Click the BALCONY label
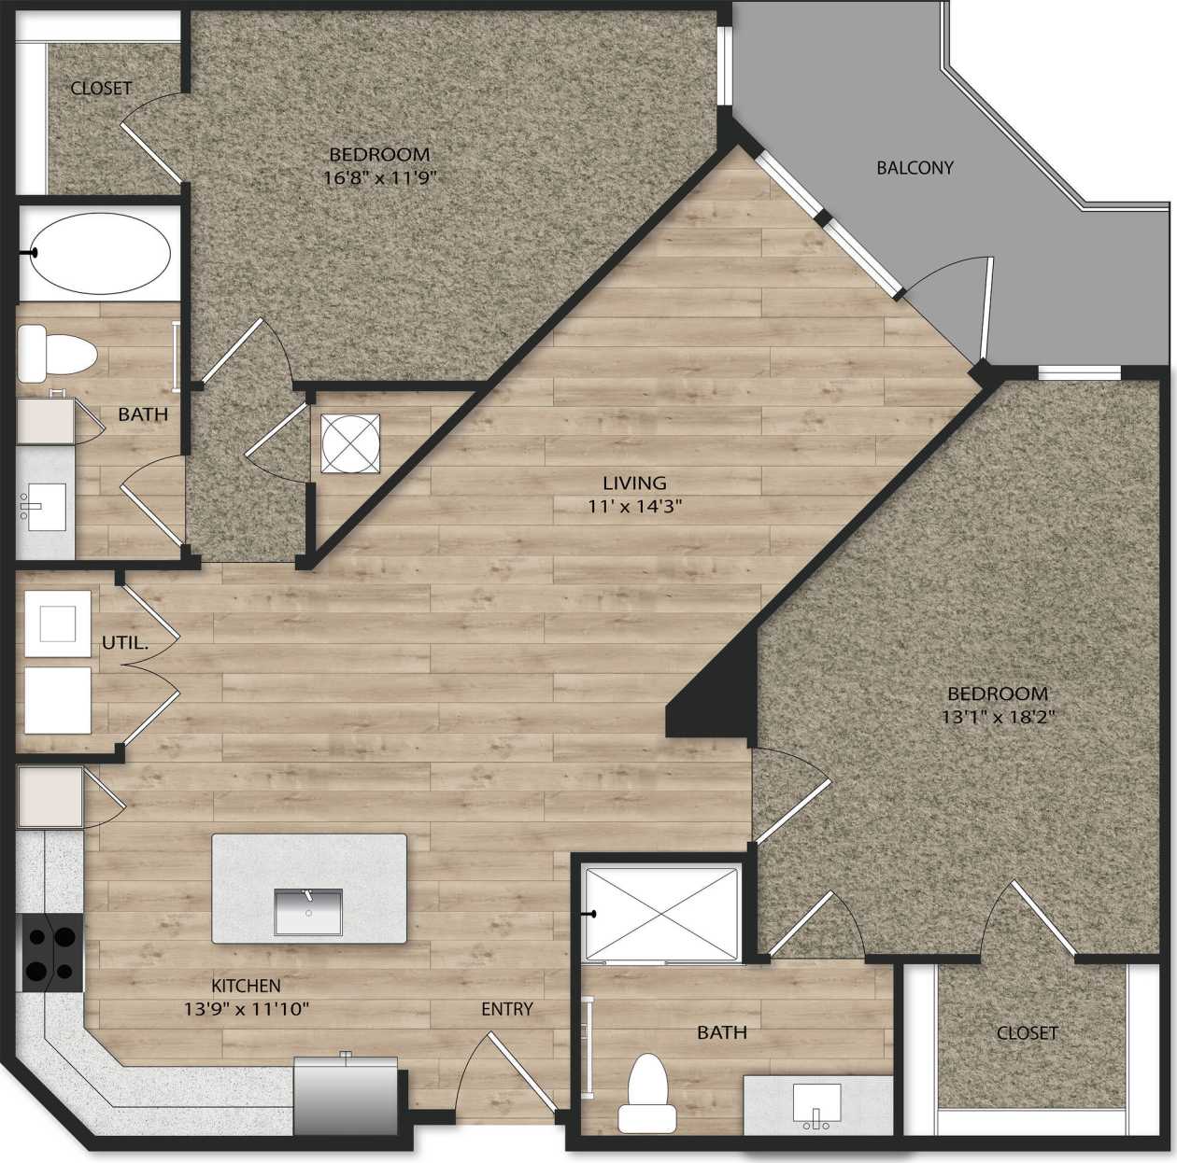click(915, 168)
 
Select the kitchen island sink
click(308, 911)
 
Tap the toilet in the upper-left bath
click(57, 353)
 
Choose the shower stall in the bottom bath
click(661, 913)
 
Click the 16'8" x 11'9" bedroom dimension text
click(379, 176)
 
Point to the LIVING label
click(634, 483)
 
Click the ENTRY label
click(507, 1009)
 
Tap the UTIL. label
click(125, 642)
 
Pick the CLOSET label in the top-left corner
click(102, 88)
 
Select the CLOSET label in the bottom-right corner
click(1027, 1032)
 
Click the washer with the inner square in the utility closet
click(58, 624)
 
